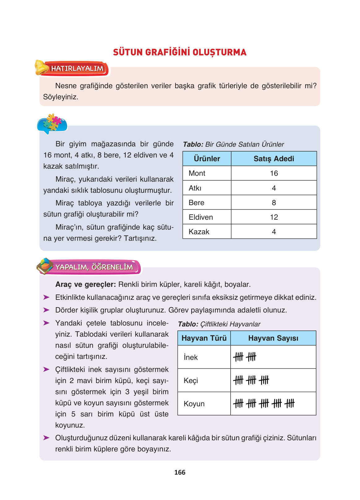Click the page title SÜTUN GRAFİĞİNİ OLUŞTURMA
click(180, 52)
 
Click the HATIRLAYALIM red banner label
click(77, 68)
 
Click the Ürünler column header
click(207, 159)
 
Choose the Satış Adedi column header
click(274, 159)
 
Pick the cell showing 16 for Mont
click(274, 173)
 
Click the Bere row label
click(197, 203)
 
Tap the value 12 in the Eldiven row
click(274, 217)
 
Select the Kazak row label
click(199, 232)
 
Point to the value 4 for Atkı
click(274, 188)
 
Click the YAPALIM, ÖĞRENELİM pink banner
click(94, 267)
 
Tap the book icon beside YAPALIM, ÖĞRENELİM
click(45, 266)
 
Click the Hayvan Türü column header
click(204, 338)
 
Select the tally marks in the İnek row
click(245, 357)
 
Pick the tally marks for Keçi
click(251, 380)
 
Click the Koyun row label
click(194, 404)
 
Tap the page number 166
click(180, 472)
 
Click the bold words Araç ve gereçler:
click(85, 284)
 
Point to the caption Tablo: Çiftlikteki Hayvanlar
click(219, 324)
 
